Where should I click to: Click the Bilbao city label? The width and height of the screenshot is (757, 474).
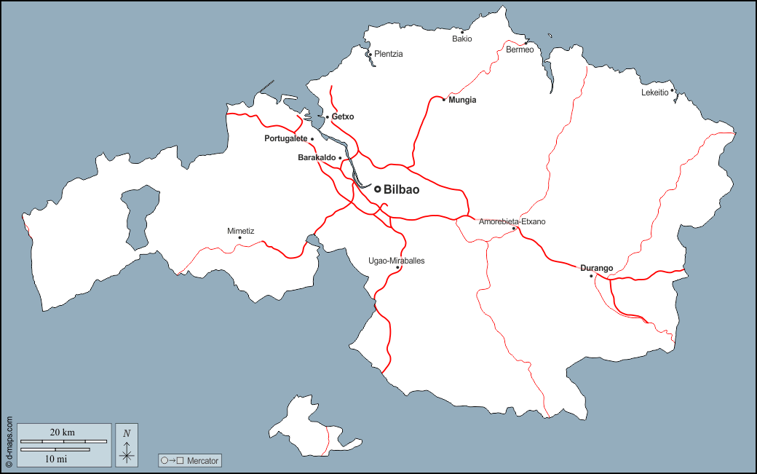pyautogui.click(x=401, y=189)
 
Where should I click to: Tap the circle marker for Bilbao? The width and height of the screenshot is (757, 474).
pyautogui.click(x=378, y=189)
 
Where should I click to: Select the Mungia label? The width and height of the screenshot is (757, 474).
pyautogui.click(x=462, y=100)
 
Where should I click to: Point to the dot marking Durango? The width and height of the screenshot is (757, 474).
pyautogui.click(x=591, y=276)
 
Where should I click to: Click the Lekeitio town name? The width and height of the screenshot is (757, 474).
pyautogui.click(x=654, y=92)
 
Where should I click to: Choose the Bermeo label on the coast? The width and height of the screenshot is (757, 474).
pyautogui.click(x=520, y=50)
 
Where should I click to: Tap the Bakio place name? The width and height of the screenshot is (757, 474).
pyautogui.click(x=462, y=39)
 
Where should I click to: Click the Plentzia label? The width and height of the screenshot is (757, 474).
pyautogui.click(x=388, y=54)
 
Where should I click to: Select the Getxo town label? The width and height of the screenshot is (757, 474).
pyautogui.click(x=343, y=116)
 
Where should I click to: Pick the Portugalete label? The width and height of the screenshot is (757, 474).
pyautogui.click(x=286, y=138)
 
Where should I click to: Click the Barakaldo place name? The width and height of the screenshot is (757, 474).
pyautogui.click(x=317, y=157)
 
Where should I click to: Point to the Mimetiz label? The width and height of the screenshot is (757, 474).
pyautogui.click(x=241, y=231)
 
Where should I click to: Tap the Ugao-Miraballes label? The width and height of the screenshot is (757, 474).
pyautogui.click(x=397, y=260)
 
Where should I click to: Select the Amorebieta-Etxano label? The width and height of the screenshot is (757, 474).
pyautogui.click(x=512, y=221)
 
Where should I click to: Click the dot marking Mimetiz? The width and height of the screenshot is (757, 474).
pyautogui.click(x=239, y=237)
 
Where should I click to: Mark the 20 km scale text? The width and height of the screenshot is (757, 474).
pyautogui.click(x=63, y=432)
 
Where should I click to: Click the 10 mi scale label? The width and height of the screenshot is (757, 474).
pyautogui.click(x=56, y=459)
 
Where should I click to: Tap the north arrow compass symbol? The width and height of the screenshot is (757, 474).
pyautogui.click(x=127, y=445)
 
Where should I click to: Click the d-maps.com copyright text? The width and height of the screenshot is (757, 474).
pyautogui.click(x=9, y=441)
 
